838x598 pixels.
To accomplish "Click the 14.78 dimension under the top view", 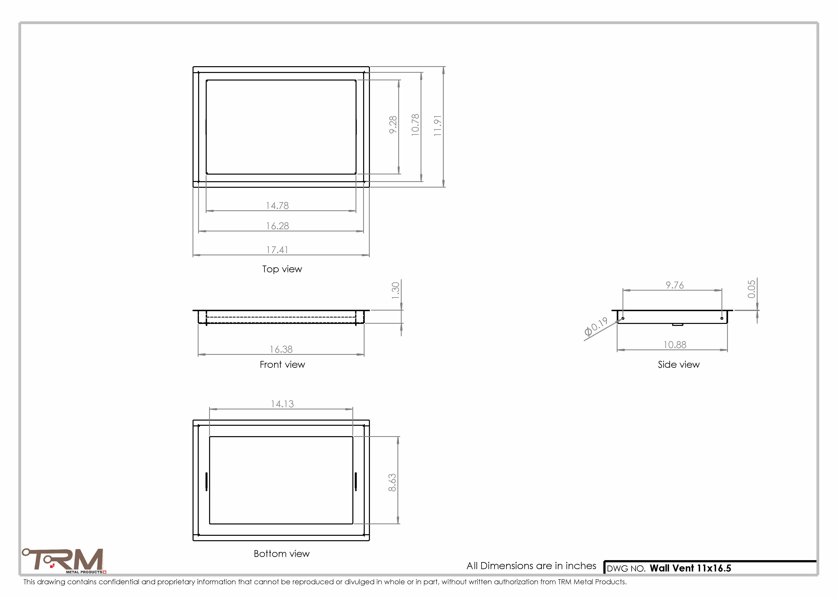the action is tap(278, 206).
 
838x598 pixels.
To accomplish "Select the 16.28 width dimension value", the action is tap(278, 226).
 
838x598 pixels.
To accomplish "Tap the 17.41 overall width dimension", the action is tap(277, 250).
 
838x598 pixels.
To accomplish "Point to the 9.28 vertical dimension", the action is tap(393, 125).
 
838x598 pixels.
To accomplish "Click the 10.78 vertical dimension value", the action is tap(415, 125).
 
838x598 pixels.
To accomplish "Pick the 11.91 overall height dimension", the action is tap(437, 126).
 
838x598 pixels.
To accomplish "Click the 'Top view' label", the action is tap(282, 269).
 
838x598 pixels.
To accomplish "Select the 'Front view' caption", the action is tap(282, 365).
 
